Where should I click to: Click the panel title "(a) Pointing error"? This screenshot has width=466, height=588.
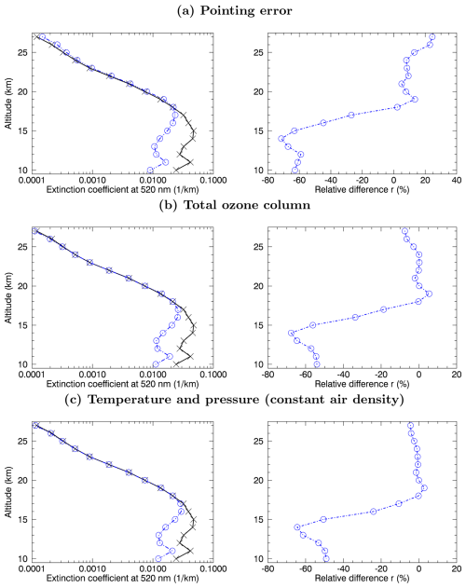pyautogui.click(x=232, y=10)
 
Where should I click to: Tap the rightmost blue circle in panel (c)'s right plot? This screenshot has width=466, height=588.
pyautogui.click(x=423, y=487)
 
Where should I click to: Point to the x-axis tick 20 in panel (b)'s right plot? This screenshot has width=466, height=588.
pyautogui.click(x=455, y=374)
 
